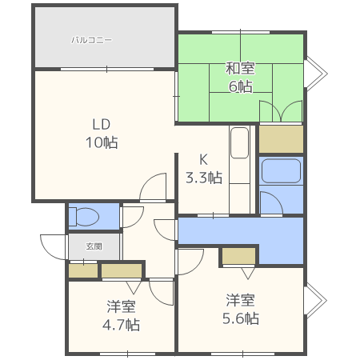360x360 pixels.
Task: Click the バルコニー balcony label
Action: [x=91, y=40]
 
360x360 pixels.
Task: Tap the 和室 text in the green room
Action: [x=240, y=68]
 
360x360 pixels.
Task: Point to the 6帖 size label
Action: [x=240, y=86]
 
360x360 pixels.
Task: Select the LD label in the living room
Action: [x=101, y=124]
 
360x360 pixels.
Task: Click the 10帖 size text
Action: [x=102, y=142]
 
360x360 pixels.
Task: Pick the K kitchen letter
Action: [x=203, y=159]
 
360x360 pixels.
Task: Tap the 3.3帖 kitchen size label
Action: [x=204, y=178]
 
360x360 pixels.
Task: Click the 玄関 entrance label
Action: [x=94, y=246]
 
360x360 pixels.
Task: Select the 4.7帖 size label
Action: [x=121, y=325]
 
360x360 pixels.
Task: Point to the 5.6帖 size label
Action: [x=241, y=318]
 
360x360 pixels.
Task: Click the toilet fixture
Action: [x=84, y=217]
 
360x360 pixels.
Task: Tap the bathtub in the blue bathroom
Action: [x=281, y=171]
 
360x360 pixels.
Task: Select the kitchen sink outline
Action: [x=240, y=142]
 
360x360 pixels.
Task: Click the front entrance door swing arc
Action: [x=52, y=247]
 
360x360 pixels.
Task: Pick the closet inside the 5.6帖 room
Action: [x=239, y=256]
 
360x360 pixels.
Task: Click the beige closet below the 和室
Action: [x=281, y=139]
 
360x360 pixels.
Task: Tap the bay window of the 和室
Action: [x=316, y=74]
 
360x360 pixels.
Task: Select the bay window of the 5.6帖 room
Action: [x=316, y=301]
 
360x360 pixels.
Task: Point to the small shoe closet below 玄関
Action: [x=83, y=270]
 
